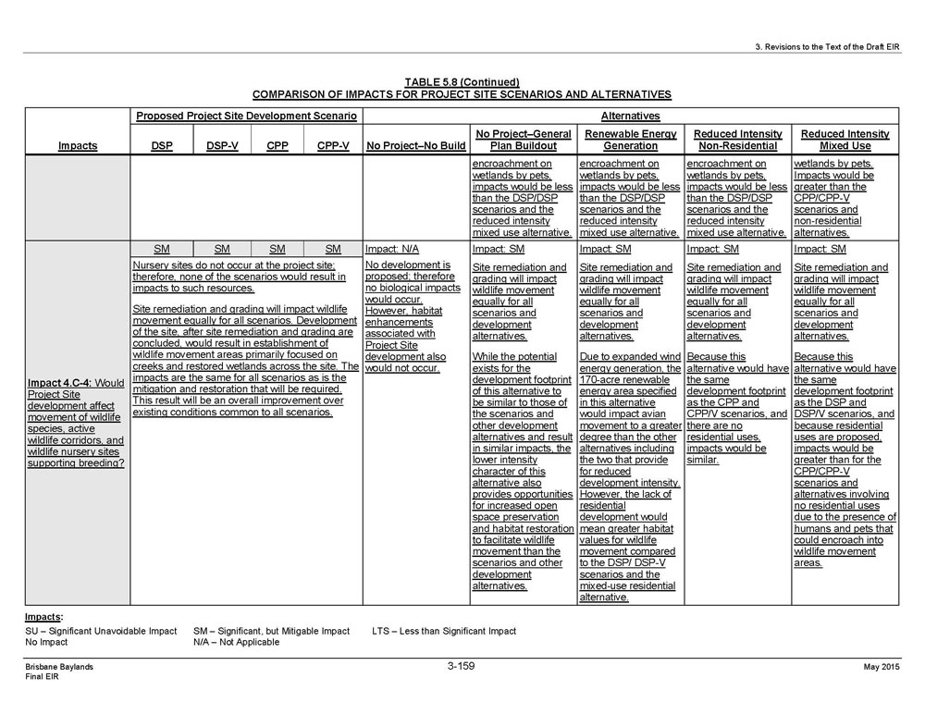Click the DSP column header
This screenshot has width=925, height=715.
[162, 146]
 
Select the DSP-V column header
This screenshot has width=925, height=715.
[221, 146]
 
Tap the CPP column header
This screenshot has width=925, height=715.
[277, 146]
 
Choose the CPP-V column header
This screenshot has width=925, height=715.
[333, 146]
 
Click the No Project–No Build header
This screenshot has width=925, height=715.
[415, 146]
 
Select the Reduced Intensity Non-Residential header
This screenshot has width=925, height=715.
[737, 140]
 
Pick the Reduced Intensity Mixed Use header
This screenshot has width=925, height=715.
[845, 140]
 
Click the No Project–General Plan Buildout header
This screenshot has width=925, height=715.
[523, 140]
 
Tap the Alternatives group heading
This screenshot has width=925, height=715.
[630, 117]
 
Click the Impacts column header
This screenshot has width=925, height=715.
[77, 146]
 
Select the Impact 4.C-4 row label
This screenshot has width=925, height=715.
[77, 423]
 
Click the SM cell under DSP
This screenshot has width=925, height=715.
[162, 249]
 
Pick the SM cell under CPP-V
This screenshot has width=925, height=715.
[333, 249]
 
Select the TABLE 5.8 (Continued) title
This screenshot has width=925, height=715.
[462, 82]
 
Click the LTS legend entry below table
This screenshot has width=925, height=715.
[444, 631]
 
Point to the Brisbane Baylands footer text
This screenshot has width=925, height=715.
[59, 666]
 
